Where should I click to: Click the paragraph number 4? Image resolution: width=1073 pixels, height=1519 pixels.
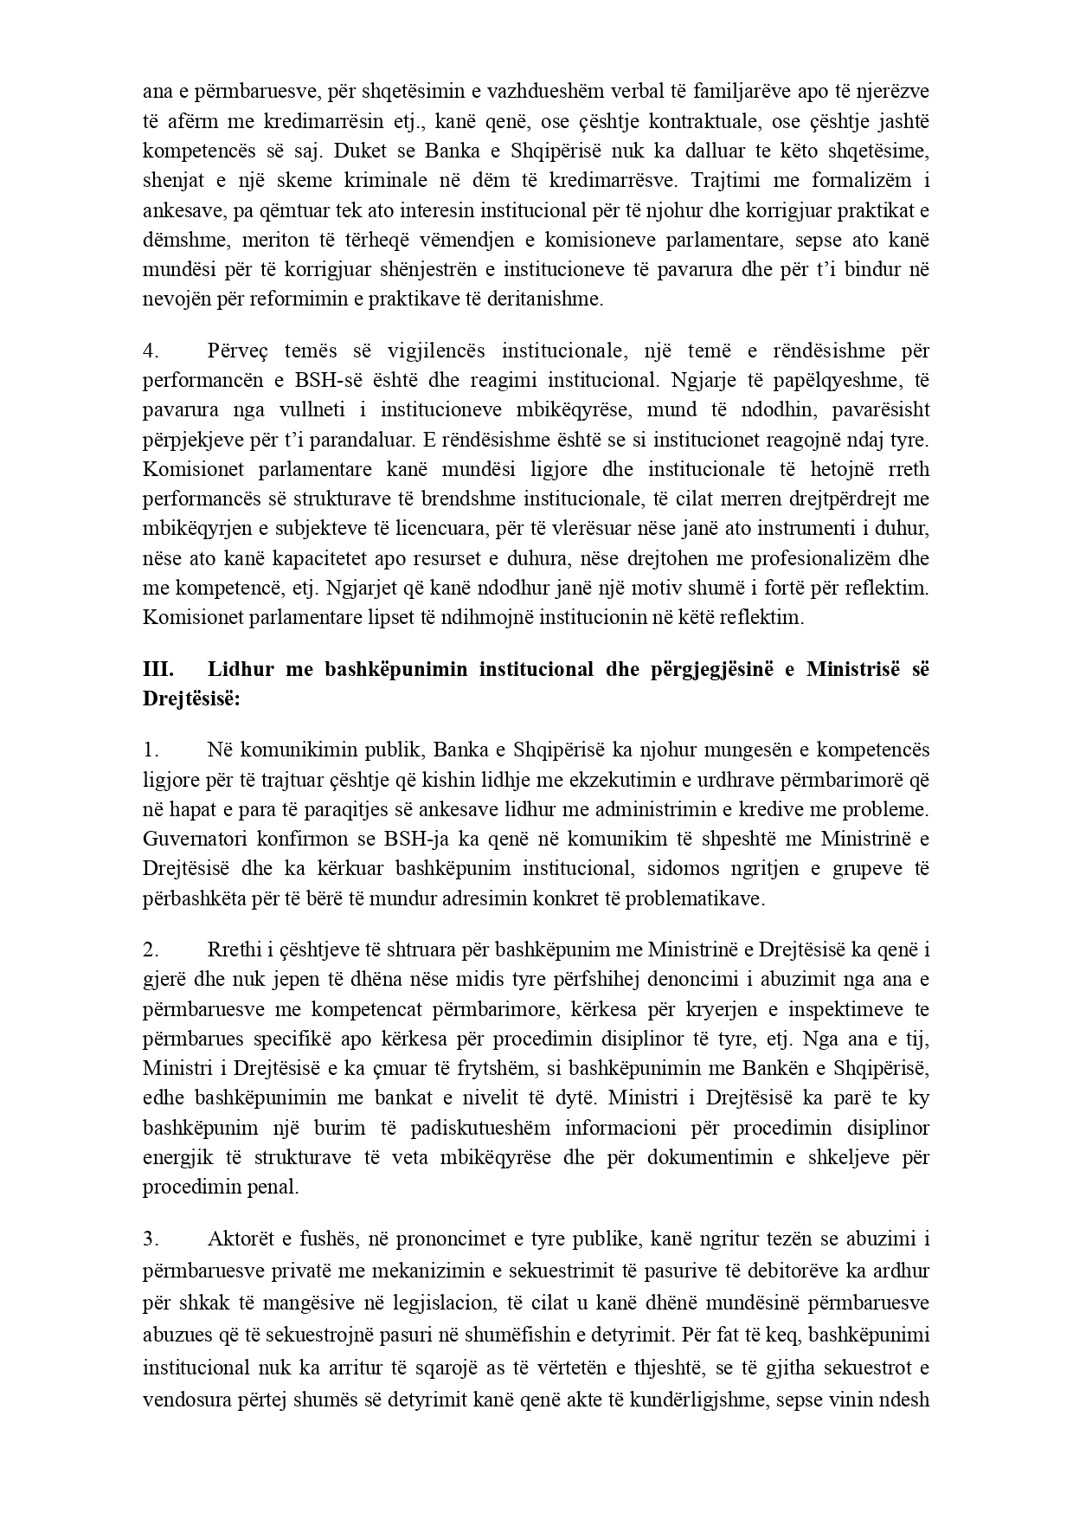[x=150, y=351]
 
